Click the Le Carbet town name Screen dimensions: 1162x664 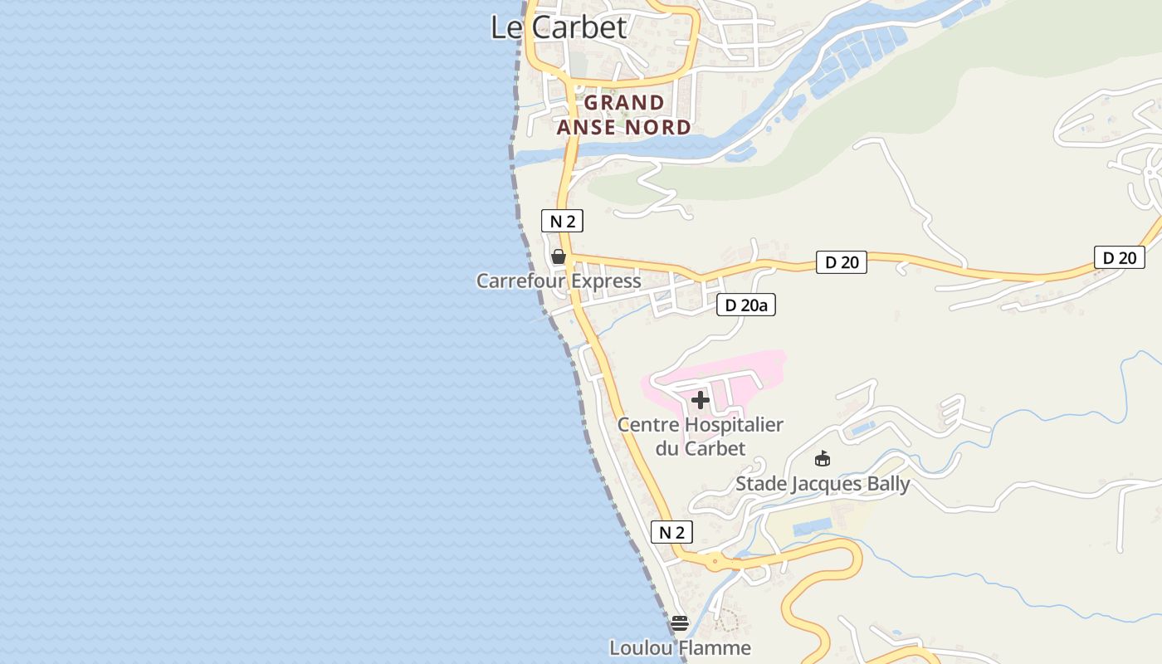[559, 27]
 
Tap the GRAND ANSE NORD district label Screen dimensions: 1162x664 [624, 115]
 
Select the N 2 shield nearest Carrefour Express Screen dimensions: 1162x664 [562, 221]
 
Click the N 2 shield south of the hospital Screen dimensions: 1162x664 [671, 532]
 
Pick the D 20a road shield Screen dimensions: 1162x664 [745, 305]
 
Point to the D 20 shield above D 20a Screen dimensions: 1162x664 [841, 262]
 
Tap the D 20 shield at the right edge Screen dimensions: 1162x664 [1119, 257]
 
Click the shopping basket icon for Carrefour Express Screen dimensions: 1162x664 [559, 256]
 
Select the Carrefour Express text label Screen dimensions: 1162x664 [559, 281]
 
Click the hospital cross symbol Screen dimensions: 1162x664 [701, 400]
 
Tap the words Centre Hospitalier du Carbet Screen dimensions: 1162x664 [701, 437]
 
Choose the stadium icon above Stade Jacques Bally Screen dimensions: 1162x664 [823, 458]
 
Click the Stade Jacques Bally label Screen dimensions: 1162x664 [823, 483]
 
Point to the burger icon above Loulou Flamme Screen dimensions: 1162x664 [680, 622]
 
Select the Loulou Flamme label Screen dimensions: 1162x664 [680, 647]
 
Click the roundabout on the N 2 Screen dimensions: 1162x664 [715, 562]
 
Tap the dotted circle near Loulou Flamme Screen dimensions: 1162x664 [727, 619]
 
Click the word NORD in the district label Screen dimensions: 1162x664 [657, 127]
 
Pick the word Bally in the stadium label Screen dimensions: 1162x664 [884, 483]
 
